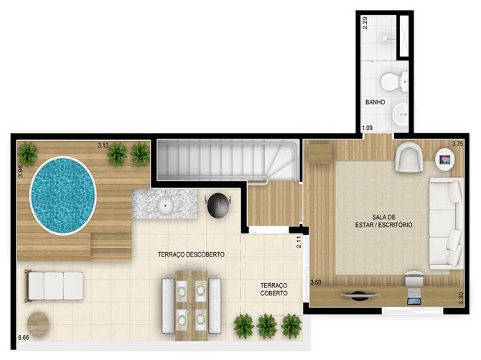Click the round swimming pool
pyautogui.click(x=63, y=195)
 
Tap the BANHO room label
pyautogui.click(x=375, y=102)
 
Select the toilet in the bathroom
pyautogui.click(x=394, y=81)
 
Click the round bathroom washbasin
pyautogui.click(x=401, y=114)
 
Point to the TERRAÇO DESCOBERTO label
pyautogui.click(x=191, y=254)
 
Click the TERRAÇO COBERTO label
pyautogui.click(x=274, y=290)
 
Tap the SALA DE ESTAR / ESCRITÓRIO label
pyautogui.click(x=383, y=221)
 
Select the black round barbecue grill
pyautogui.click(x=218, y=205)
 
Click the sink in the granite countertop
pyautogui.click(x=166, y=206)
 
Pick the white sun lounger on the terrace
pyautogui.click(x=54, y=286)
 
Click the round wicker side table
pyautogui.click(x=38, y=324)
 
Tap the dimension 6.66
pyautogui.click(x=24, y=337)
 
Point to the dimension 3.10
pyautogui.click(x=103, y=145)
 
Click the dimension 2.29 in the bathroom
pyautogui.click(x=365, y=23)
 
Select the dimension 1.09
pyautogui.click(x=367, y=127)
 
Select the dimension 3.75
pyautogui.click(x=458, y=143)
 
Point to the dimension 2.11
pyautogui.click(x=299, y=241)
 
